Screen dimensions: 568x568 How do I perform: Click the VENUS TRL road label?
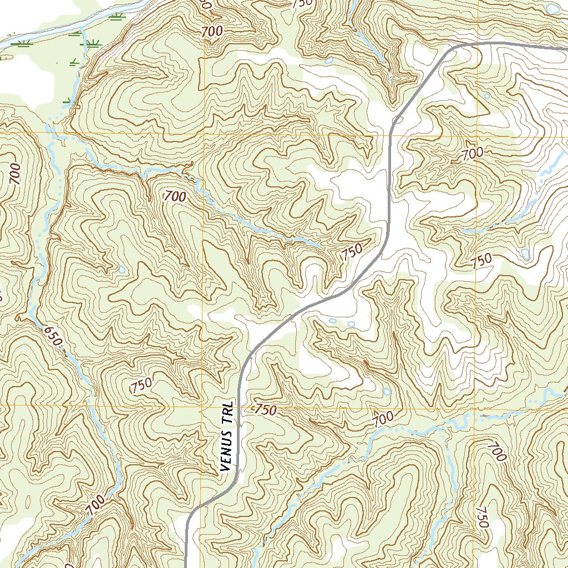pos(226,437)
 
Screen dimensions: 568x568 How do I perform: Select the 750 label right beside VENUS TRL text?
pos(265,410)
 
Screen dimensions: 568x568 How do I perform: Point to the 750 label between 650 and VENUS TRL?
pos(143,384)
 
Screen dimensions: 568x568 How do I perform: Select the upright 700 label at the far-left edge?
pos(14,174)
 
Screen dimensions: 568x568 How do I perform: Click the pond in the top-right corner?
pos(552,9)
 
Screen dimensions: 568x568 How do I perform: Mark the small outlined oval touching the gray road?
pos(397,120)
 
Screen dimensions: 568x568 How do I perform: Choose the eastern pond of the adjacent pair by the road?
pos(351,324)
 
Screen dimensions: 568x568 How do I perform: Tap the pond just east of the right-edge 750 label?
pos(525,253)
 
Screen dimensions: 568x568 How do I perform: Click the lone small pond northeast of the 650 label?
pos(121,270)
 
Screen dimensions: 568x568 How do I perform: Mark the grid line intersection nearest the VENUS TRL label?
pos(201,405)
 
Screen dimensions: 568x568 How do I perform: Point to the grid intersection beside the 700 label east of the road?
pos(476,135)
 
